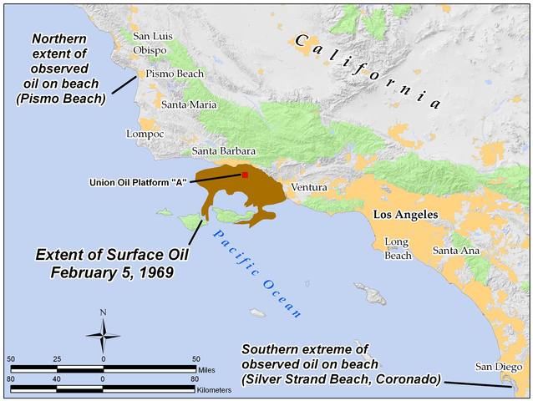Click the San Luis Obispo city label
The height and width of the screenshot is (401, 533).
[150, 43]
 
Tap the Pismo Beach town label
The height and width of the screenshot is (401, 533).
[175, 74]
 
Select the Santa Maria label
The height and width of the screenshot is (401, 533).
[189, 104]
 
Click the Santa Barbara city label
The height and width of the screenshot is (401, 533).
[223, 151]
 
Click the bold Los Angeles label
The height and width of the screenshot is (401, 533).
[405, 215]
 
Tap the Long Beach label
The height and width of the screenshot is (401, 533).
[397, 249]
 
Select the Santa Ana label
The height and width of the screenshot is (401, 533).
[455, 251]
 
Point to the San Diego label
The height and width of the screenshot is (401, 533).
[498, 366]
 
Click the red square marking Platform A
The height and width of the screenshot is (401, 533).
[245, 175]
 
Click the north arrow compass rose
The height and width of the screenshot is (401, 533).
[103, 338]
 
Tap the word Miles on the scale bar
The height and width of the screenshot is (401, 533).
[209, 368]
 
